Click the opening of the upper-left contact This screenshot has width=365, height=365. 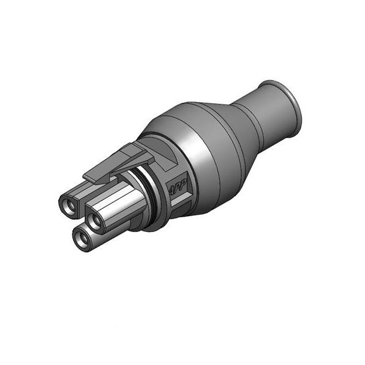click(69, 206)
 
